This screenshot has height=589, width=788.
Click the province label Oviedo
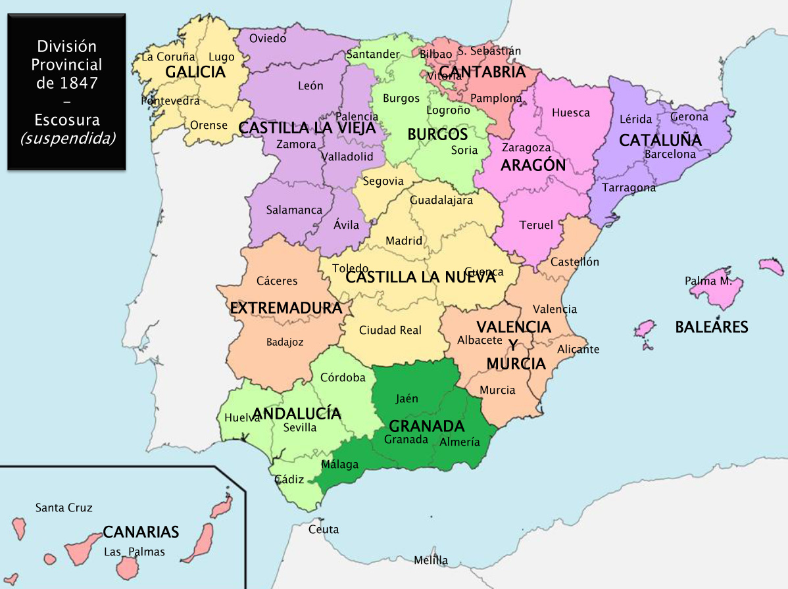tap(268, 39)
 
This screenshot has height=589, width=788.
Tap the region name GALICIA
tap(195, 72)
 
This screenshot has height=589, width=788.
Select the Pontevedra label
tap(170, 101)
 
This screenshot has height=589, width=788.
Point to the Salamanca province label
tap(294, 210)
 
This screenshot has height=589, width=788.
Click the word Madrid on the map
tap(404, 241)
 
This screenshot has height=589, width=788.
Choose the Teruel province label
tap(536, 225)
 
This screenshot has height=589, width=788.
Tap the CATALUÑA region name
tap(660, 140)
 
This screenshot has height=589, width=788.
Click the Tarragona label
tap(629, 188)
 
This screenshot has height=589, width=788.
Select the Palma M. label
tap(708, 281)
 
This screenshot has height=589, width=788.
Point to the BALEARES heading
tap(712, 327)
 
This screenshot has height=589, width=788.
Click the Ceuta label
tap(324, 530)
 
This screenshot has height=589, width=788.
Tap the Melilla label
tap(431, 561)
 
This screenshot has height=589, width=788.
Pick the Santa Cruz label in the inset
tap(64, 508)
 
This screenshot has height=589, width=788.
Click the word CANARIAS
tap(141, 532)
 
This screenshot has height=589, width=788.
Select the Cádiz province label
tap(288, 479)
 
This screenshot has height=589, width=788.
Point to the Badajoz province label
tap(285, 342)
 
